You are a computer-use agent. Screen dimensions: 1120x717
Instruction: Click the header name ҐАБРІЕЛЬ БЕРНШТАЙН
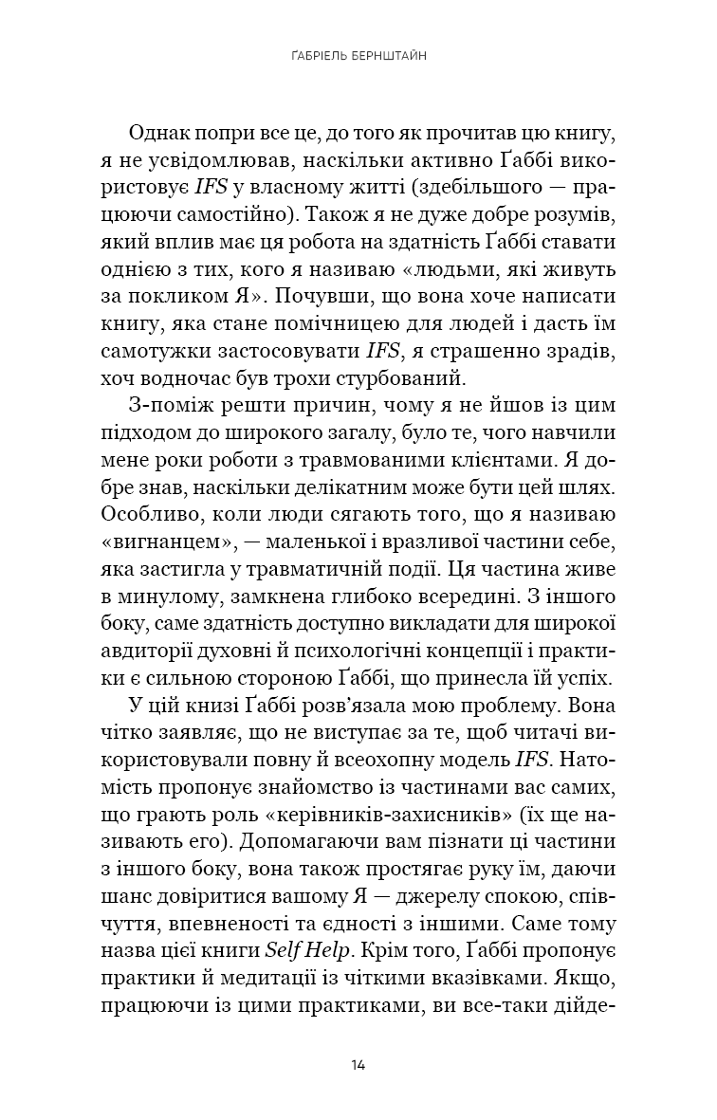click(x=358, y=56)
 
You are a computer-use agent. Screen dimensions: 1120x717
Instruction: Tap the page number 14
click(x=358, y=1063)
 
